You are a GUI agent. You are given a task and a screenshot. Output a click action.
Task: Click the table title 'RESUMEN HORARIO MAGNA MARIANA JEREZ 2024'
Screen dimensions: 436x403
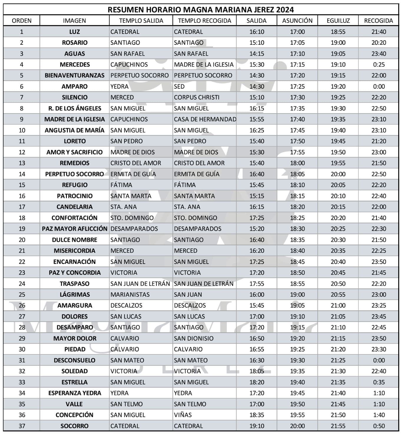201,9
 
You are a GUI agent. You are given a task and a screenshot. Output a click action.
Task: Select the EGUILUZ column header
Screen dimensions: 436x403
338,21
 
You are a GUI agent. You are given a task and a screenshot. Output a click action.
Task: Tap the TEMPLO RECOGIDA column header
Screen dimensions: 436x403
204,21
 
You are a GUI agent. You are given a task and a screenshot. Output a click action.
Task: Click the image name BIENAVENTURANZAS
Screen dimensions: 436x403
75,75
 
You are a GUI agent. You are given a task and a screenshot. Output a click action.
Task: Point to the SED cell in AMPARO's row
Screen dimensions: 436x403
179,86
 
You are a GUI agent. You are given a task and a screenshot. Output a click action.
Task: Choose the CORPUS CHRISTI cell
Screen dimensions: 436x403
196,97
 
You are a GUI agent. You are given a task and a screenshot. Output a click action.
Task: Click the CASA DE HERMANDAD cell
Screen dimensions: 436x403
205,119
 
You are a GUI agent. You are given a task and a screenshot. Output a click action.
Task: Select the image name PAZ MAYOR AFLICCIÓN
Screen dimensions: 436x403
75,229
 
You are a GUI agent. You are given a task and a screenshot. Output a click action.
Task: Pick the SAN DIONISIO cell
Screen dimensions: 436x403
194,338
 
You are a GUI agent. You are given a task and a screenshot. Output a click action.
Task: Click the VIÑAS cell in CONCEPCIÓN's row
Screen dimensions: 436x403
183,415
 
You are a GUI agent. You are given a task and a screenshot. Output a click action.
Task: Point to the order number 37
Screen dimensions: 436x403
22,426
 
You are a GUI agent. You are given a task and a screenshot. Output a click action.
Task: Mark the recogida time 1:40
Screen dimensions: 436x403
379,415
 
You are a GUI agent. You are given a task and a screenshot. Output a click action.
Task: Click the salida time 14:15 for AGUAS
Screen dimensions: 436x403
257,54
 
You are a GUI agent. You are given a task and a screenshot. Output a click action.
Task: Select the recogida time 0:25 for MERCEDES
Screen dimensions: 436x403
379,65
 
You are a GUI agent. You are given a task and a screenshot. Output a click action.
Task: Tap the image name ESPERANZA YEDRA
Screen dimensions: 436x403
75,393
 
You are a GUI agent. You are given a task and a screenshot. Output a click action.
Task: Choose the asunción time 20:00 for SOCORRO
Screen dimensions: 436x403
297,426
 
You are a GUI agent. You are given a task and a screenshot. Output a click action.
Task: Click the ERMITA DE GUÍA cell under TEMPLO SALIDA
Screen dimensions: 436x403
133,174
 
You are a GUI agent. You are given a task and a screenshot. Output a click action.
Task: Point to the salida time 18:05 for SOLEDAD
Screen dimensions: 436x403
257,371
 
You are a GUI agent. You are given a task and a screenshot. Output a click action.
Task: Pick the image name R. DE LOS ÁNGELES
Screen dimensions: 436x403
75,108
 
